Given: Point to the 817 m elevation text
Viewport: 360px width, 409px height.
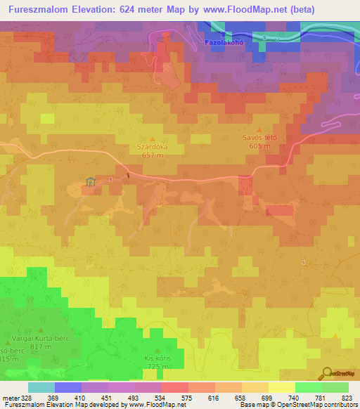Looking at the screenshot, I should [40, 347].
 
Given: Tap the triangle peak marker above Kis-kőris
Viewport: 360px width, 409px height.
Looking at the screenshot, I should [157, 349].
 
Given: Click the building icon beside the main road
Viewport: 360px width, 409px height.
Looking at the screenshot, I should [90, 183].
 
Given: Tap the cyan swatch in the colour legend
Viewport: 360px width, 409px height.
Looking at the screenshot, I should [41, 387].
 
